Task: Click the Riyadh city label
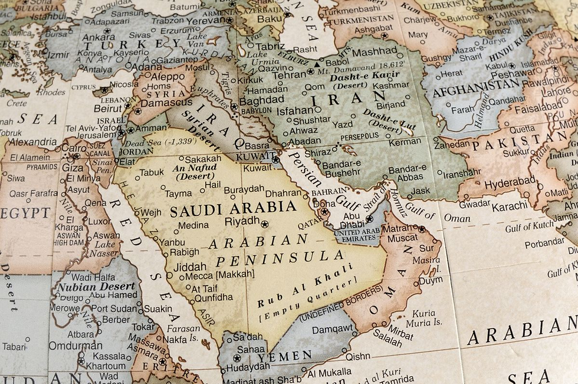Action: click(242, 221)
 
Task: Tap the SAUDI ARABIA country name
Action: click(233, 208)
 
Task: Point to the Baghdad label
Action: click(261, 101)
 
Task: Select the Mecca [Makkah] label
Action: click(219, 274)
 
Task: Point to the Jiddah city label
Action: click(190, 266)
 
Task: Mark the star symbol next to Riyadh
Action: click(264, 224)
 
